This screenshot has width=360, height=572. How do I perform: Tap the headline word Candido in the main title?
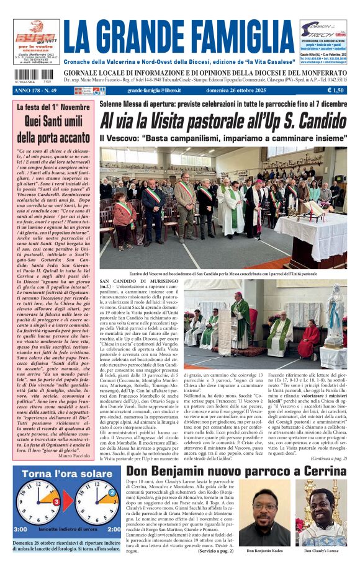click(313, 120)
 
